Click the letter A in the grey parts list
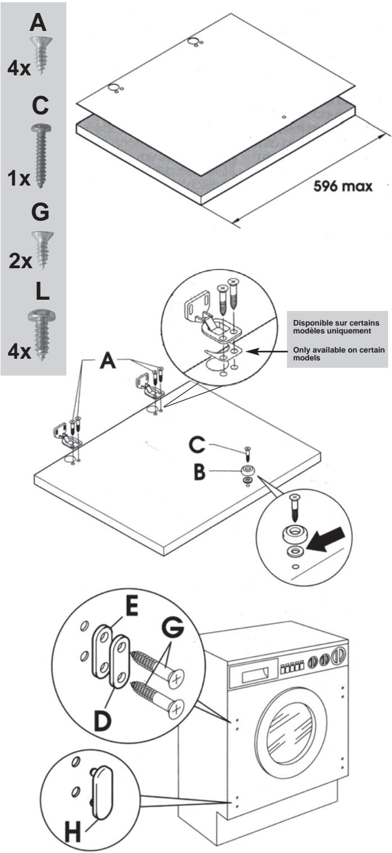click(x=39, y=24)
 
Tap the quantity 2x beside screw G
click(x=21, y=263)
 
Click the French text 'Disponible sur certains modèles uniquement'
click(x=335, y=326)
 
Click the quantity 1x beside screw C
click(x=19, y=179)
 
